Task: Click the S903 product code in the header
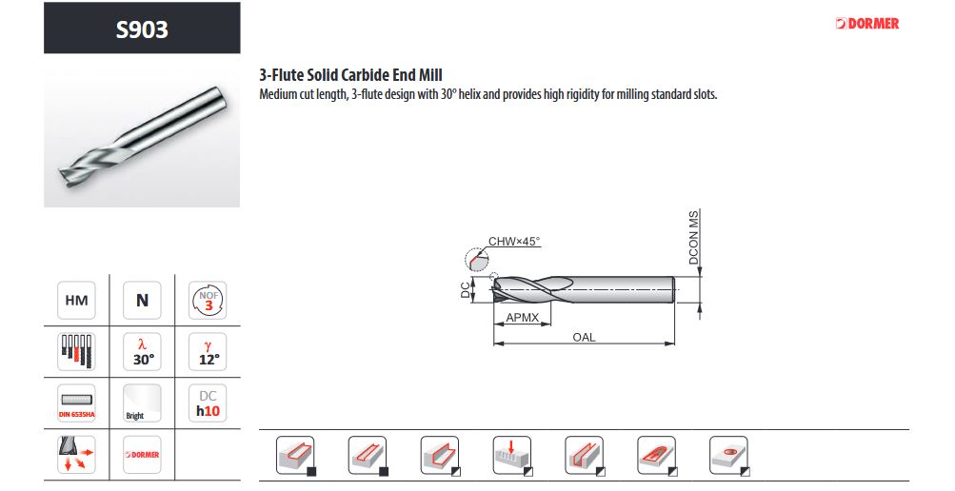click(x=142, y=29)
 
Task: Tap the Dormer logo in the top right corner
click(x=867, y=24)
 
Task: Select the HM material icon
click(x=76, y=300)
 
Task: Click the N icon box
click(x=142, y=300)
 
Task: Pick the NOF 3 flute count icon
click(x=208, y=300)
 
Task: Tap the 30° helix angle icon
click(x=142, y=351)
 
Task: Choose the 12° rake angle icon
click(x=208, y=351)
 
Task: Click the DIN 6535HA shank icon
click(x=76, y=403)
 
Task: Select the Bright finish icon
click(x=142, y=403)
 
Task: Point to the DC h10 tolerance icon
click(x=208, y=403)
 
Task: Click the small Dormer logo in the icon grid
click(x=142, y=455)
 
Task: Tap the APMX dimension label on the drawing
click(x=522, y=318)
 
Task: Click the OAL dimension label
click(x=584, y=337)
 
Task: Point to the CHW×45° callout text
click(x=514, y=242)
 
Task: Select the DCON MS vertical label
click(x=694, y=237)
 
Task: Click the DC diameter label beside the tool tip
click(x=466, y=289)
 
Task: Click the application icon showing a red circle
click(x=729, y=456)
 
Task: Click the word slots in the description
click(x=706, y=95)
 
